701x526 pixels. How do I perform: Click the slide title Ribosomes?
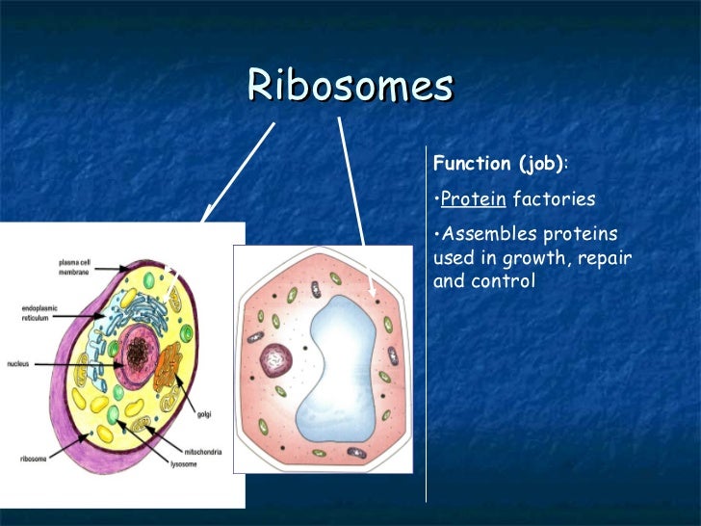pyautogui.click(x=350, y=87)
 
